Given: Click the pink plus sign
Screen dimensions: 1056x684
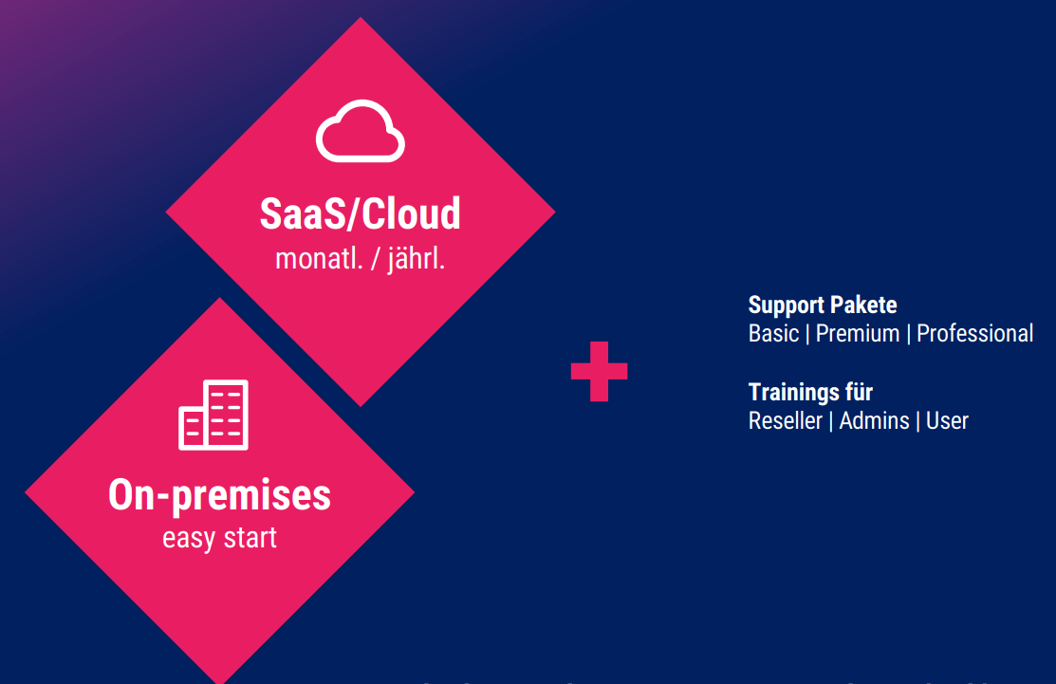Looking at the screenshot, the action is pyautogui.click(x=599, y=371).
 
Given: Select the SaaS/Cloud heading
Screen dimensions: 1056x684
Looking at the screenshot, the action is pyautogui.click(x=361, y=213).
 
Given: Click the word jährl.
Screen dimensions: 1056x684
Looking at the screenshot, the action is pyautogui.click(x=417, y=259).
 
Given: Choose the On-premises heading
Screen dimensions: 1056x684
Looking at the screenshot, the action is pyautogui.click(x=219, y=495).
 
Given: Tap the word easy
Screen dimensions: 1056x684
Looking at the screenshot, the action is pyautogui.click(x=189, y=539).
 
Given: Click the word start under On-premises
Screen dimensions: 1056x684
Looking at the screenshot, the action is pyautogui.click(x=250, y=538).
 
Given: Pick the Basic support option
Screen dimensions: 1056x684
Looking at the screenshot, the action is pyautogui.click(x=774, y=333).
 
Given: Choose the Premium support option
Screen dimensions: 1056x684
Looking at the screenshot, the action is pyautogui.click(x=858, y=333).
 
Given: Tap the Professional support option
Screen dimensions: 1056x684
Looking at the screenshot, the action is pyautogui.click(x=974, y=333).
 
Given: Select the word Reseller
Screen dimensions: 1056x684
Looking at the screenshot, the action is pyautogui.click(x=786, y=421).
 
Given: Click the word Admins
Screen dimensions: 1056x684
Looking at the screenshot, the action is pyautogui.click(x=874, y=421).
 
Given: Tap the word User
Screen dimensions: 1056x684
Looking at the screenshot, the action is pyautogui.click(x=947, y=421).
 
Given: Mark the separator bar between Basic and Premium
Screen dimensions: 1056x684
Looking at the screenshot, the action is pyautogui.click(x=807, y=334).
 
